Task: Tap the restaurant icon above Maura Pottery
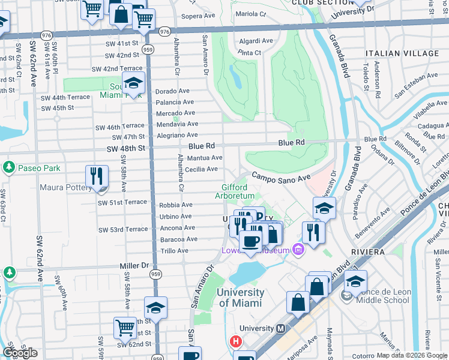(x=97, y=176)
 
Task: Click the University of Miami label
(x=240, y=298)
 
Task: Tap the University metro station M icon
(x=280, y=329)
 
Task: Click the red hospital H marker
(x=236, y=343)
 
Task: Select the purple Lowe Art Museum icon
(x=297, y=250)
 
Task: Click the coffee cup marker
(x=250, y=241)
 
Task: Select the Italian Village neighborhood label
(x=400, y=53)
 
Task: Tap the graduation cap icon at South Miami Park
(x=133, y=83)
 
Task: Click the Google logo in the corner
(x=20, y=352)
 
